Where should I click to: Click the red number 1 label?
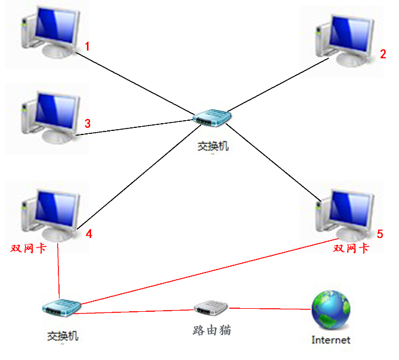88,46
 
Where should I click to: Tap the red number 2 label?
383,54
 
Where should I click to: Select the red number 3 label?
88,124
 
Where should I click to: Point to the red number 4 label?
89,234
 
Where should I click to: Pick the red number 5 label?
380,234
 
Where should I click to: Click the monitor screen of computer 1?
57,25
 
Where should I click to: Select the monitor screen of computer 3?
57,110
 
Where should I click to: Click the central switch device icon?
212,118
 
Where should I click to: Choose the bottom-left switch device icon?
61,307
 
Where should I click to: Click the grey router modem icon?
211,308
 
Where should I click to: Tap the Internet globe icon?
331,310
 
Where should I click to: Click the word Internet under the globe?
331,340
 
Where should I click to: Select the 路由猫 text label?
212,330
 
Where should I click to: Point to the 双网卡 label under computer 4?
28,248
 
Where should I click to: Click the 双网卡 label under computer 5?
351,248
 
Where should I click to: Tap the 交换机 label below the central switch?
213,146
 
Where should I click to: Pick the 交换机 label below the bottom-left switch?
63,336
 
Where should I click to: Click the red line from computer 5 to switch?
209,271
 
